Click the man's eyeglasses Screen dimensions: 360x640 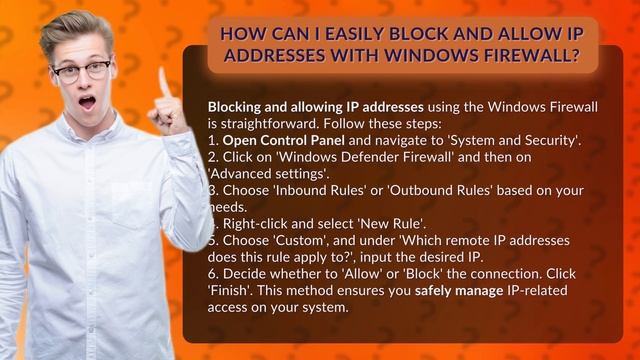tap(82, 70)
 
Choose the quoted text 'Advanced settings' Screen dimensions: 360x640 tap(254, 174)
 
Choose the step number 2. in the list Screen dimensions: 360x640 tap(213, 157)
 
